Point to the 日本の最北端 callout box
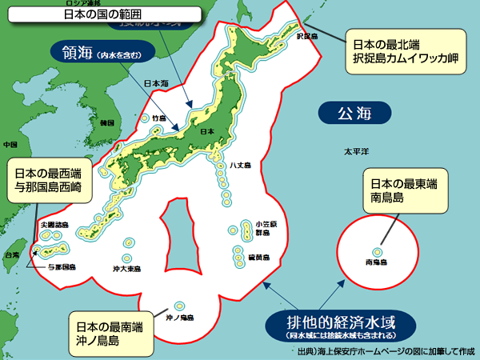(405, 52)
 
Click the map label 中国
(10, 145)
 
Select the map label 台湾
(12, 255)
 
